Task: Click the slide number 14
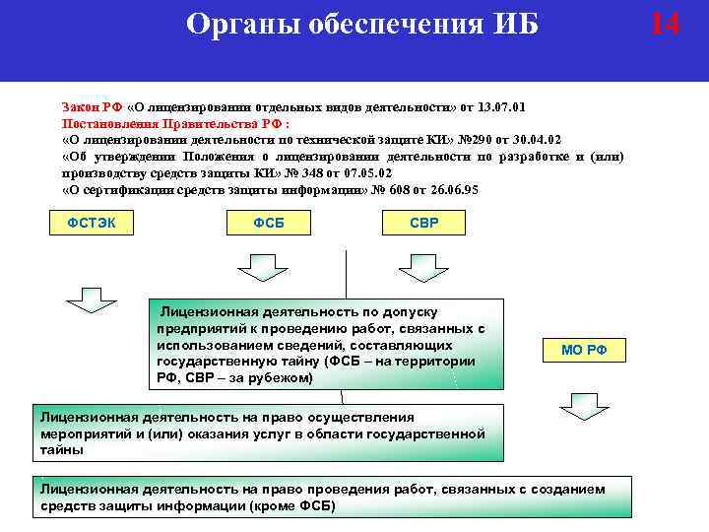coord(666,24)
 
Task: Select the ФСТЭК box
coord(91,224)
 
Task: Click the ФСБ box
coord(269,224)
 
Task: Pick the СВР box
coord(423,224)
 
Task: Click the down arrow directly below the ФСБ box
coord(261,266)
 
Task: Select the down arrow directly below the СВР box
coord(423,266)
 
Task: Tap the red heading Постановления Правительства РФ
coord(174,122)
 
